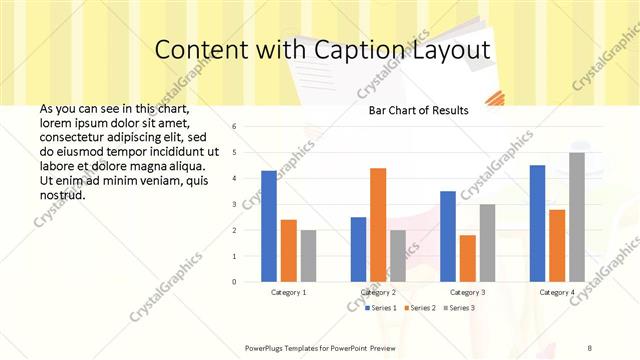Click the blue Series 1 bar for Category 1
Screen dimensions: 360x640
268,226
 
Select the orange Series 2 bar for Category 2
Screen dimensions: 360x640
378,225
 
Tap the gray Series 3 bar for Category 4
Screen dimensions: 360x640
577,217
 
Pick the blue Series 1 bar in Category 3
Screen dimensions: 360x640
447,236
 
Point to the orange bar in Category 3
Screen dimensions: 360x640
467,258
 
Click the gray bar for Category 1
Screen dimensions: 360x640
308,256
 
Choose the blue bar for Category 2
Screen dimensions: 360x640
358,249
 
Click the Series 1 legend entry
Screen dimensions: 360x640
381,307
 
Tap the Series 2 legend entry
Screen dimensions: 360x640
420,307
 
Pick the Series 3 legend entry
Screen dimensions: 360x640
459,307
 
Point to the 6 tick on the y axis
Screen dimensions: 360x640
233,127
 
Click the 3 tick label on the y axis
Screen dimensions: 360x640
233,204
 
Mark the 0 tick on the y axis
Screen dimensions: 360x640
233,282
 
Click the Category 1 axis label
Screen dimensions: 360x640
288,293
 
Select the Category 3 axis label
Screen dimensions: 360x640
467,293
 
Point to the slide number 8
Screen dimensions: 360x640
590,347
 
